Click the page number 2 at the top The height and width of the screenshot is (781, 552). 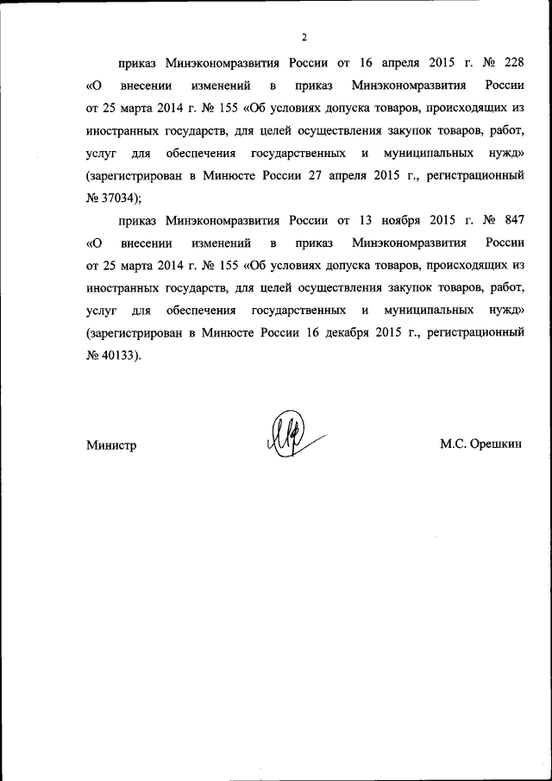click(x=304, y=37)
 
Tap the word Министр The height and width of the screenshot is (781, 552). click(x=112, y=445)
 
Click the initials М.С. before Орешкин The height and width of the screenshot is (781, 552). click(x=454, y=445)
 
